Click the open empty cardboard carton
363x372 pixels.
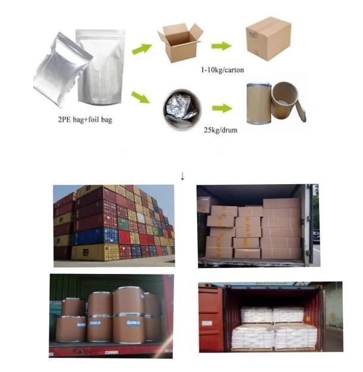coord(181,43)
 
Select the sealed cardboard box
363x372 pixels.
coord(269,39)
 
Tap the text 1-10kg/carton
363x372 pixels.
coord(222,70)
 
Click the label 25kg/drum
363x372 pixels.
coord(220,130)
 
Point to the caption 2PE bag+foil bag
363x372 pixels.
coord(85,119)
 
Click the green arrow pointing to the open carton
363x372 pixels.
coord(141,49)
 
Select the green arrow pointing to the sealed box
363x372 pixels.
coord(222,46)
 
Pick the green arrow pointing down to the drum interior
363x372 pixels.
coord(141,97)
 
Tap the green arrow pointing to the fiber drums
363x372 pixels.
coord(222,108)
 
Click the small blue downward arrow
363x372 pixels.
coord(182,176)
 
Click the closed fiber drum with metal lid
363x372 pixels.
coord(259,103)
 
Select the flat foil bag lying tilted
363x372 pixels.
coord(62,70)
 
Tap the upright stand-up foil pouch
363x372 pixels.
coord(100,67)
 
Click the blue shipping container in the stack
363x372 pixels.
coord(95,237)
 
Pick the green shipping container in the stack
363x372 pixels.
coord(124,224)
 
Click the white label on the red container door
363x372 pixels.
coord(207,323)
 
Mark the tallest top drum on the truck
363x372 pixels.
coord(129,301)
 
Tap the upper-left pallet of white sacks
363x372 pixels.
coord(257,314)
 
